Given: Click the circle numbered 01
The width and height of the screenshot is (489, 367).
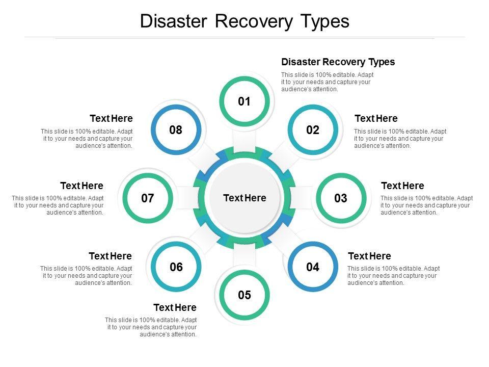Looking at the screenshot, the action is (x=244, y=101).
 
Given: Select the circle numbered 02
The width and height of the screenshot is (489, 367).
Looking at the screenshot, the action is (x=313, y=130).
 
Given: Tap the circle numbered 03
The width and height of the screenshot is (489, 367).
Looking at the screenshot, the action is (x=341, y=198).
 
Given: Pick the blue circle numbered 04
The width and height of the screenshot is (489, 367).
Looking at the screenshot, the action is (x=313, y=267).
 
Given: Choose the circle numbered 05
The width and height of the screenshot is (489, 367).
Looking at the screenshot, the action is (x=244, y=295).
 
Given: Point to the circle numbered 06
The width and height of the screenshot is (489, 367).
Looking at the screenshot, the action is (x=176, y=267).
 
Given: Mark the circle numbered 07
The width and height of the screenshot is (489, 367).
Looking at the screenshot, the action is (x=148, y=198).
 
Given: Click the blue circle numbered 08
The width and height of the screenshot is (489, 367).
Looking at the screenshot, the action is (x=176, y=130).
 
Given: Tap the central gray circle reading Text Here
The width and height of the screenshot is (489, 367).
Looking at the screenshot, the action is (x=244, y=198).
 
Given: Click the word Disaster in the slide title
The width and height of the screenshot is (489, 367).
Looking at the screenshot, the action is (x=173, y=21).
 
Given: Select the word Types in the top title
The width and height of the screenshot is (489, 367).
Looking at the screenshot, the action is (x=325, y=21).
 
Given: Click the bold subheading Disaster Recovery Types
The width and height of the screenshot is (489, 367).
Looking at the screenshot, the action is (x=338, y=62).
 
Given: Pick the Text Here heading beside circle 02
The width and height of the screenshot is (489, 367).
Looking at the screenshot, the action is (x=376, y=118).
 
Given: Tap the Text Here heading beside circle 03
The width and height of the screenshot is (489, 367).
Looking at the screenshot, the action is (x=402, y=186).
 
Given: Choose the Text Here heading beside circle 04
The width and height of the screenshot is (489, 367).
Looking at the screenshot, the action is (x=369, y=256).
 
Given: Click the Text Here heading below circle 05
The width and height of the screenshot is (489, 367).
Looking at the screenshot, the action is (x=175, y=307).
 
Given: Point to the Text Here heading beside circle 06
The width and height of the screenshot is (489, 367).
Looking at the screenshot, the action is (x=110, y=256).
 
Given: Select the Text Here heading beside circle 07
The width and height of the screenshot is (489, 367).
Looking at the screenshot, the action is (x=81, y=186).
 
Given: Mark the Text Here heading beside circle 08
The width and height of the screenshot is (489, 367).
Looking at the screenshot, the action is (x=111, y=118).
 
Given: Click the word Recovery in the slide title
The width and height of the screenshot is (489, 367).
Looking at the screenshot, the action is (x=249, y=21).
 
